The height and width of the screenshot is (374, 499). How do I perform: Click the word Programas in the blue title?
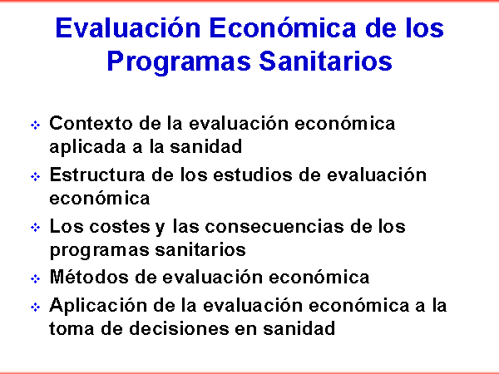(x=179, y=62)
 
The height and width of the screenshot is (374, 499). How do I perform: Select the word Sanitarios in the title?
(x=325, y=61)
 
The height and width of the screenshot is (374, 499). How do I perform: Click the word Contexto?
(x=91, y=123)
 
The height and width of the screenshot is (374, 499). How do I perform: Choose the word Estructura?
(x=97, y=175)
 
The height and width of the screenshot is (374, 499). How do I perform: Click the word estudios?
(x=252, y=175)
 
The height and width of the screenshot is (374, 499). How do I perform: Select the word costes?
(x=119, y=227)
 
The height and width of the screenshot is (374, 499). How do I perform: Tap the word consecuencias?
(x=274, y=226)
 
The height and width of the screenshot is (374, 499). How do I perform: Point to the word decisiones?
(x=179, y=328)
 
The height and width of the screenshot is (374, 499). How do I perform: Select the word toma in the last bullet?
(x=72, y=328)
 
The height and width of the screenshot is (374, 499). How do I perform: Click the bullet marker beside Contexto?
(x=35, y=125)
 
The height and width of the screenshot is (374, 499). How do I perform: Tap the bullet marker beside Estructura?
(x=35, y=176)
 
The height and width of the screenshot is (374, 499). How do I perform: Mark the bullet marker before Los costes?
(x=35, y=228)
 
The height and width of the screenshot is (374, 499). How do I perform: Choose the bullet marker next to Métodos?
(x=35, y=279)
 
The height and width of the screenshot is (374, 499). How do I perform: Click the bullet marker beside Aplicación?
(x=35, y=308)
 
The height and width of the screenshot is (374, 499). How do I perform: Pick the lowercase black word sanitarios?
(x=200, y=249)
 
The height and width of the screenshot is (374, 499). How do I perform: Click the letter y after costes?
(x=160, y=229)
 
